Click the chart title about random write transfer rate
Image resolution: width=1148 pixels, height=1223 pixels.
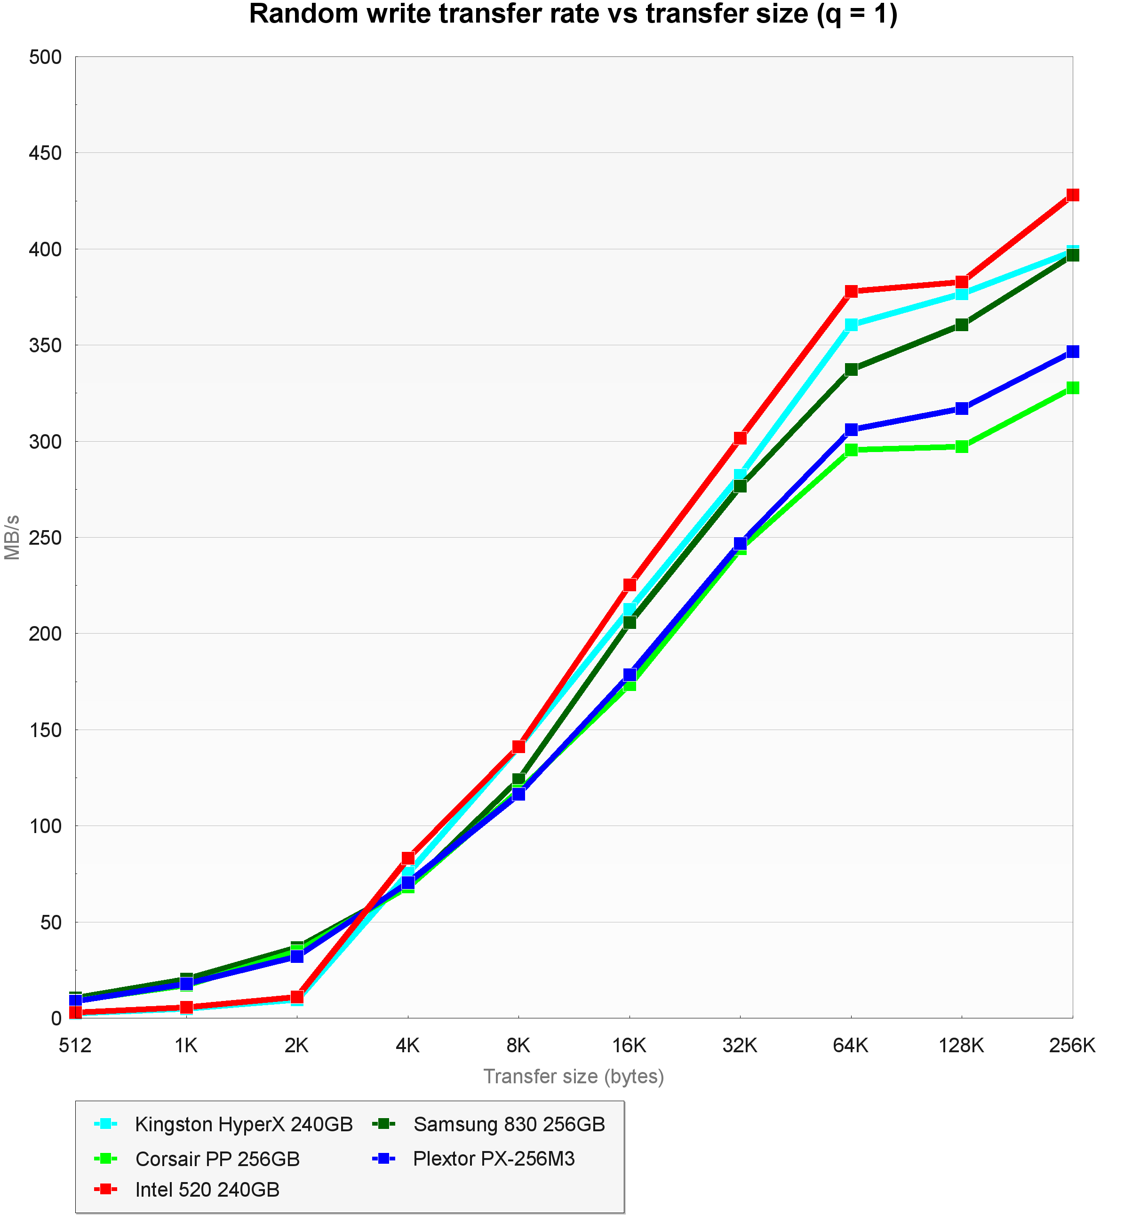point(573,15)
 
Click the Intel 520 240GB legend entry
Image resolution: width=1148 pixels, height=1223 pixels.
point(207,1189)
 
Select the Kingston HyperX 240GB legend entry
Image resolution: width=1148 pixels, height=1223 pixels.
point(244,1124)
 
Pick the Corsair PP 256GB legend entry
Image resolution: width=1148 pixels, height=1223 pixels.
point(217,1159)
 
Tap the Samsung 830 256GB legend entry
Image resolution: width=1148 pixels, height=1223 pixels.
point(509,1124)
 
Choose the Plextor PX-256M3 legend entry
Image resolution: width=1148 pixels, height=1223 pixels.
point(494,1159)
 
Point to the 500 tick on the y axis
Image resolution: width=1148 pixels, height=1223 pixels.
point(46,57)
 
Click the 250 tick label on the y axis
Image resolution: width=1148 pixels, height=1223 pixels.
point(46,538)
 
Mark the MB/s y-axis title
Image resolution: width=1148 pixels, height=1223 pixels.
point(12,537)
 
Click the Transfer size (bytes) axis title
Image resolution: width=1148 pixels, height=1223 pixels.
point(574,1076)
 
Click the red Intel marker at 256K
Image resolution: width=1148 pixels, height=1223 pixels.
point(1072,195)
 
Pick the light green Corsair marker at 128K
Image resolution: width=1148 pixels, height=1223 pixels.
point(962,446)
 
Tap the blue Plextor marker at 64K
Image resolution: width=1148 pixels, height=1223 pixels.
point(851,429)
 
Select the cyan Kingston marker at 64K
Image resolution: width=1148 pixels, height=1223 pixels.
point(851,324)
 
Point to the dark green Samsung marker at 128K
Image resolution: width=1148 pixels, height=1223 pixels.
point(962,324)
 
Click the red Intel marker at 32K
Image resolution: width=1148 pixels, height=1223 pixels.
point(740,437)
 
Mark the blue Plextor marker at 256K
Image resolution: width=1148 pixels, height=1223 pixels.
point(1072,351)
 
